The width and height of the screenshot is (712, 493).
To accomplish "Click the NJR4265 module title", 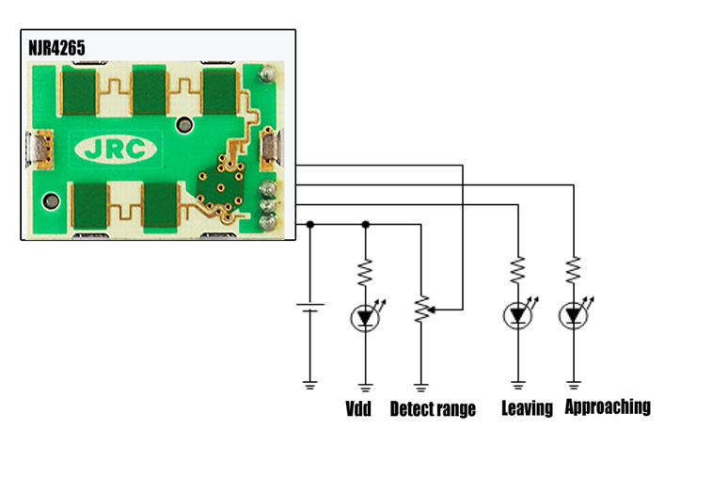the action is tap(56, 48).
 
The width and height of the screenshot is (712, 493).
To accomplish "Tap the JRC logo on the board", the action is tap(116, 149).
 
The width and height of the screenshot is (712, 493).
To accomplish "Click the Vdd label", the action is tap(358, 408).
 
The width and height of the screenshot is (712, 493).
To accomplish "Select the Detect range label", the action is tap(433, 409).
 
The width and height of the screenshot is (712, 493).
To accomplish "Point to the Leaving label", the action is tap(528, 408).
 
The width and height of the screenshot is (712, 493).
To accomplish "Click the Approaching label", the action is tap(608, 406).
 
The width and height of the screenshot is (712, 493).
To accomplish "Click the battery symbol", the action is tap(310, 308).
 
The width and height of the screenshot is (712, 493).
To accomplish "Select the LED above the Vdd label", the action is tap(366, 318).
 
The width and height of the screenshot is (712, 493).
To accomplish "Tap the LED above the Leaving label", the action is tap(518, 314).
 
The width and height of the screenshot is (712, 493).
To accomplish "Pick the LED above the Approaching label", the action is tap(574, 314).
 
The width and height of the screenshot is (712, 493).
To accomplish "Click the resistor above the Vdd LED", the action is tap(366, 273).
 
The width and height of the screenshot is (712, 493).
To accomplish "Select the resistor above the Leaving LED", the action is tap(518, 270).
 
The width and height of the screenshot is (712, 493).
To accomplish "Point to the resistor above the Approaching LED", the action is tap(574, 270).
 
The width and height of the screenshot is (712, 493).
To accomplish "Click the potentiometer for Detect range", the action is tap(421, 309).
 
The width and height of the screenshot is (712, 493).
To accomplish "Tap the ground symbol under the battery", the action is tap(310, 386).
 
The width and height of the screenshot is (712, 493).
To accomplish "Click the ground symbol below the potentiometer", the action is tap(421, 388).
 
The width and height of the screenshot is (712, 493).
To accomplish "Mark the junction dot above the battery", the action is tap(310, 225).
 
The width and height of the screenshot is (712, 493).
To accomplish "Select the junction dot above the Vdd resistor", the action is tap(366, 225).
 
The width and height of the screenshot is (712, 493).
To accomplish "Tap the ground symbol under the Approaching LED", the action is tap(574, 386).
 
